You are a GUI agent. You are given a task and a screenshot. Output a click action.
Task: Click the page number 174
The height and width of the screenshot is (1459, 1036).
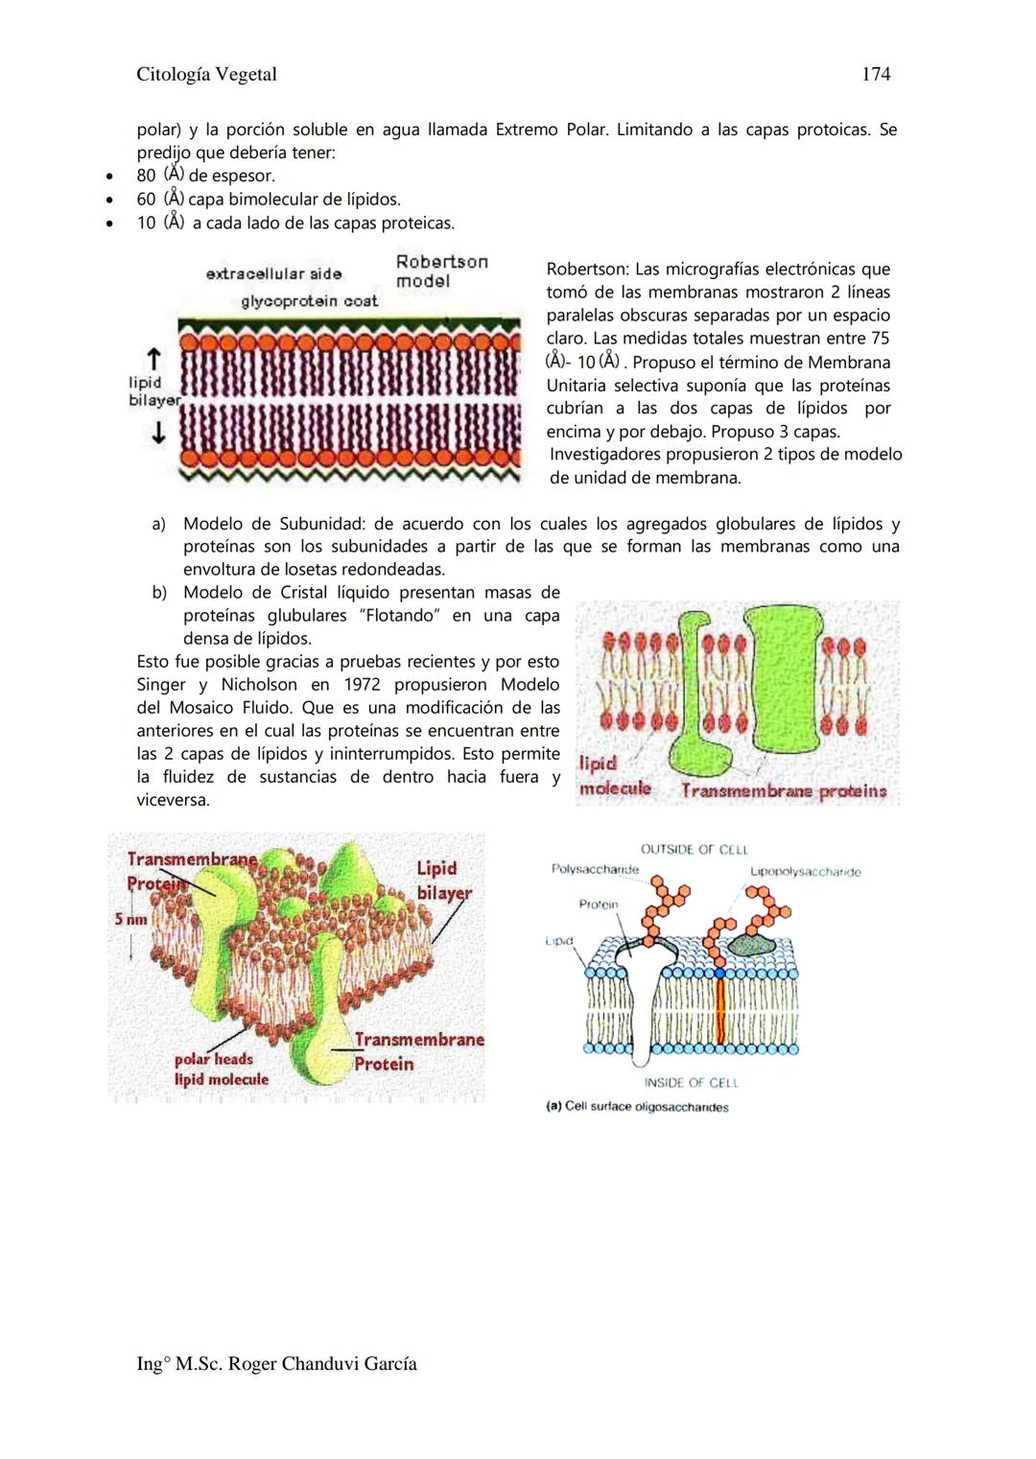[876, 74]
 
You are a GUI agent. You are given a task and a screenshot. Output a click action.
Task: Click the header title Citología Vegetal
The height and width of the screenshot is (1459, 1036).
[206, 74]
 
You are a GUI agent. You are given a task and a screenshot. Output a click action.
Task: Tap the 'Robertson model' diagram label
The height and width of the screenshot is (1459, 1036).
[441, 271]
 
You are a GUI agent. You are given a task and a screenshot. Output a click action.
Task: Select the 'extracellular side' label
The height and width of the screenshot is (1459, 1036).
[273, 273]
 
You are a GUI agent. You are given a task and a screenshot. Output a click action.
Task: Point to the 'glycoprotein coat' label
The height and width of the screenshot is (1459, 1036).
[309, 301]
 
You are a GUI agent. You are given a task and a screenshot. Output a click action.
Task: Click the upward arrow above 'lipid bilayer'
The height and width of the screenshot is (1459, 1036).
[153, 359]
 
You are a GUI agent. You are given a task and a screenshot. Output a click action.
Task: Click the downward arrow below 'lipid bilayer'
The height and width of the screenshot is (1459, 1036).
[157, 434]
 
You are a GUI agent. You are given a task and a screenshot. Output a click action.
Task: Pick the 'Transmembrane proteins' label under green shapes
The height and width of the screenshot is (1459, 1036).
[784, 790]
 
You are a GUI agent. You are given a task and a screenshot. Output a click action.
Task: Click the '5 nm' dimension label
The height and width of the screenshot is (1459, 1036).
[130, 919]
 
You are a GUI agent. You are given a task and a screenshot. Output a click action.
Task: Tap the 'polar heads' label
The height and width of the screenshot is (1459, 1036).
[213, 1059]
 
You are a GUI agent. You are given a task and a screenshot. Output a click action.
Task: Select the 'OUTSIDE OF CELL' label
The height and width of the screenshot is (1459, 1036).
[694, 849]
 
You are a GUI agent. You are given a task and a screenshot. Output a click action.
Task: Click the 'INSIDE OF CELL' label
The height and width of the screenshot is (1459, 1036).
[691, 1083]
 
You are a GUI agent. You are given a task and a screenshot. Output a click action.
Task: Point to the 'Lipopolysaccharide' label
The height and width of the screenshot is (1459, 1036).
[805, 872]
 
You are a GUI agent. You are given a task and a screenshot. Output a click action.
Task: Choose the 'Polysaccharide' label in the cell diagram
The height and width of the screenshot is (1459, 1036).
[595, 869]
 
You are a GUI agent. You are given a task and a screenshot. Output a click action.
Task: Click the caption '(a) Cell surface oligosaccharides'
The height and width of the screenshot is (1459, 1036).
[637, 1107]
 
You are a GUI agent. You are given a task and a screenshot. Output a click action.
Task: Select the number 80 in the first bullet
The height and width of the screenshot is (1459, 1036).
[146, 176]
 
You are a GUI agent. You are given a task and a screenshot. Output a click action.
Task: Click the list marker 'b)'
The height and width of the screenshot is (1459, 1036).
[159, 592]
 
